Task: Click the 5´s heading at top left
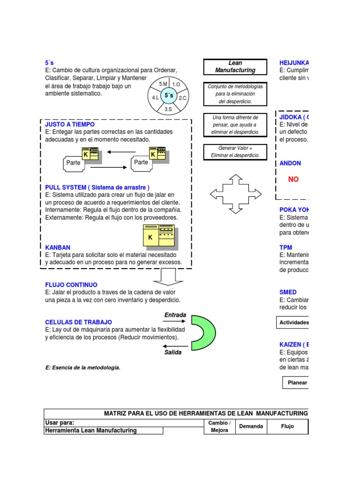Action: [x=49, y=63]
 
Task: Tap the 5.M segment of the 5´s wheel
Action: [x=163, y=83]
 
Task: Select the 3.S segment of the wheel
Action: [x=168, y=109]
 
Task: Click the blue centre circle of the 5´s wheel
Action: [x=168, y=96]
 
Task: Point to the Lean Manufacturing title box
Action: [x=235, y=67]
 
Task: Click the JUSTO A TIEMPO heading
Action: [x=70, y=125]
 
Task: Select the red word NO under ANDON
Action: [x=293, y=179]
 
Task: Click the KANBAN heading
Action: [x=58, y=247]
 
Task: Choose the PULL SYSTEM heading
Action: [x=97, y=187]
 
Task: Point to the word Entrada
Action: [x=175, y=315]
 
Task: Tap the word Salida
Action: [x=172, y=352]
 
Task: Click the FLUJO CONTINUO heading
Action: [x=71, y=285]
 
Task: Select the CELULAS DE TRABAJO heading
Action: [x=78, y=322]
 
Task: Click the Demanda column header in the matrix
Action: [x=251, y=427]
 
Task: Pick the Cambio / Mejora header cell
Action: [x=218, y=427]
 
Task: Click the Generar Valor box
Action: [x=235, y=152]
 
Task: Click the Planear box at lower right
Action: [x=297, y=382]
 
